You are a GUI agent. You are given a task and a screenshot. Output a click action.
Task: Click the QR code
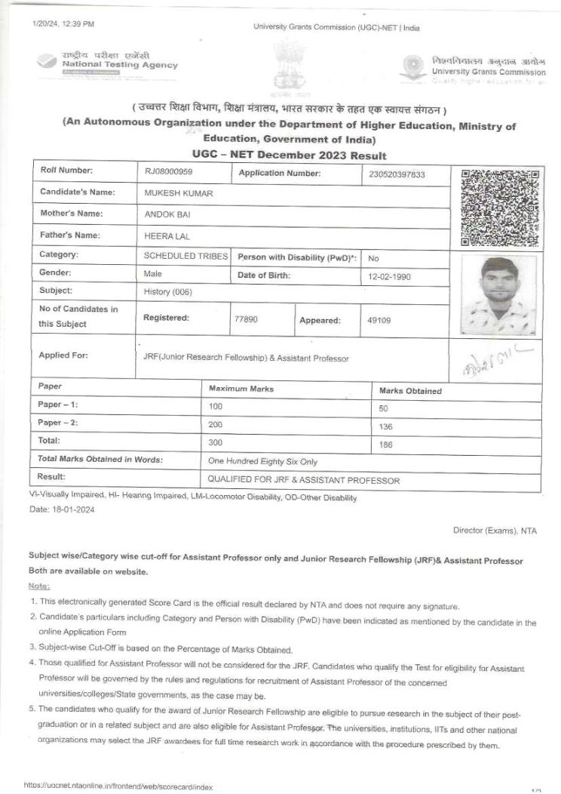click(x=499, y=208)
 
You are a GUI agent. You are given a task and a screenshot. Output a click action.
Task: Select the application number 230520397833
click(x=397, y=174)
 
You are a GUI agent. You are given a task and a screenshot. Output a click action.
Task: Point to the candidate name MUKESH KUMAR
click(x=179, y=193)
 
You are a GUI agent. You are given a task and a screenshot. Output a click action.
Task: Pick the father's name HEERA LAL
click(x=167, y=236)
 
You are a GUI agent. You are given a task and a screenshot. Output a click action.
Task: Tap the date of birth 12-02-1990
click(x=389, y=277)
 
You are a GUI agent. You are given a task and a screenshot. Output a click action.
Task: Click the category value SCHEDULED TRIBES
click(x=185, y=256)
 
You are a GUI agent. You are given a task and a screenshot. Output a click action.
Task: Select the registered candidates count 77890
click(x=247, y=319)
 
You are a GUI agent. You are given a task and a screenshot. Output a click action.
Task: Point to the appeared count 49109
click(x=379, y=320)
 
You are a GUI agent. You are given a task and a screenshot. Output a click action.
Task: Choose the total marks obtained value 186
click(x=386, y=445)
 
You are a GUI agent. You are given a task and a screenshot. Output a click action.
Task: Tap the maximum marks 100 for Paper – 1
click(x=216, y=406)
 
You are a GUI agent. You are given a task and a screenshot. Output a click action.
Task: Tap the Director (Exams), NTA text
click(x=495, y=531)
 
